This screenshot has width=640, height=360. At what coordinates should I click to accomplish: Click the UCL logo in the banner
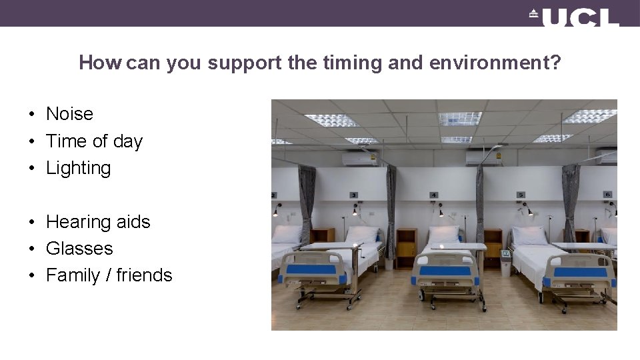575,17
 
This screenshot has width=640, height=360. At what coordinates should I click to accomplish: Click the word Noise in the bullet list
69,114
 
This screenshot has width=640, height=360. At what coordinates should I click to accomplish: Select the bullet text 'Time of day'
94,141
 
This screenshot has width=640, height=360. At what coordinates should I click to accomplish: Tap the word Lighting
78,168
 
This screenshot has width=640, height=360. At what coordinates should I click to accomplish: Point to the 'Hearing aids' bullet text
98,222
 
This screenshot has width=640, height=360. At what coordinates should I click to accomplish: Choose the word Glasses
79,249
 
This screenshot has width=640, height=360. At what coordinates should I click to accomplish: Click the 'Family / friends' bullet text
109,275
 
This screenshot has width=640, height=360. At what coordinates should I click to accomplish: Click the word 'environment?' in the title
495,63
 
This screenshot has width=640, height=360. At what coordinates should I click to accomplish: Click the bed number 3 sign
353,195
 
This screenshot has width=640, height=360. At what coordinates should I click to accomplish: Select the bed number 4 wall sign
434,195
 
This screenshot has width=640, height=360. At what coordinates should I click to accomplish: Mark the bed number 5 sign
521,195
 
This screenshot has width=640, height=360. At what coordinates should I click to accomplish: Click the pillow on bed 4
443,234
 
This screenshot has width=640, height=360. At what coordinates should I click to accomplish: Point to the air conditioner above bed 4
483,158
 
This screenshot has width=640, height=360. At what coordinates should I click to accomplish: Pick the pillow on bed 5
530,235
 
